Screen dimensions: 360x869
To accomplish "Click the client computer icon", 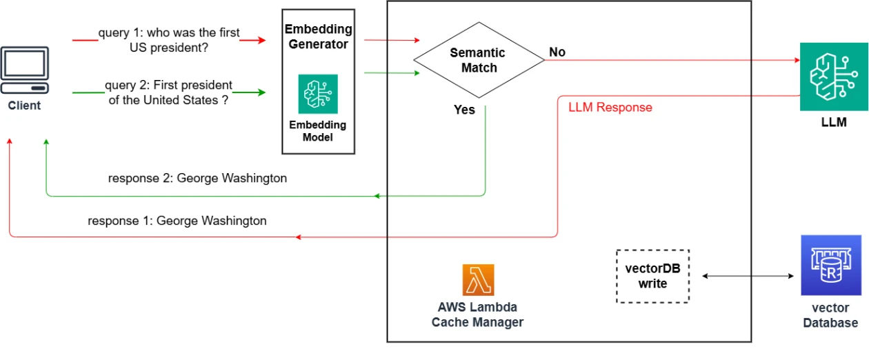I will [25, 71].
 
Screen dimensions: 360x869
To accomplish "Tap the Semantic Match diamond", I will [478, 60].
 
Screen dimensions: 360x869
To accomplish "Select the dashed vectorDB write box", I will [652, 276].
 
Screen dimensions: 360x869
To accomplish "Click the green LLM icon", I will [833, 77].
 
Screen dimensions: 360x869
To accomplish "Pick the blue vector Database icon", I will [830, 266].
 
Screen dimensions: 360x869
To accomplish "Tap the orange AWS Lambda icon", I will [478, 280].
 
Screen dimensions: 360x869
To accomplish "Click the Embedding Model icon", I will [318, 94].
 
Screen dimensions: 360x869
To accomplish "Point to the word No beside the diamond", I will [557, 52].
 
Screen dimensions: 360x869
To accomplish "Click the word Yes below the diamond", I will [464, 110].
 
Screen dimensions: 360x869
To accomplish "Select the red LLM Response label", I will [610, 108].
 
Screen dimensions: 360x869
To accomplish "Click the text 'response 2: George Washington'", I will [197, 178].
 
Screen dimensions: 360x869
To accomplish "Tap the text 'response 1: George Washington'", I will [177, 221].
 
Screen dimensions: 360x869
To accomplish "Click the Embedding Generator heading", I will [319, 37].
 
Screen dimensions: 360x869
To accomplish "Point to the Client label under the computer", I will [25, 106].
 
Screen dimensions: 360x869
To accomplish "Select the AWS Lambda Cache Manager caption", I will [477, 314].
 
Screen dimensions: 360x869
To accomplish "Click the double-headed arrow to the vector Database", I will [748, 276].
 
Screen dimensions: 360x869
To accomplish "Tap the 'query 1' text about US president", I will [169, 40].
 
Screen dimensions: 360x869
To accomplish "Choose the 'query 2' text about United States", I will [168, 92].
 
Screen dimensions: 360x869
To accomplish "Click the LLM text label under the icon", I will [833, 123].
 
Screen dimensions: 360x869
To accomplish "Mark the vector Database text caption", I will [830, 315].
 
